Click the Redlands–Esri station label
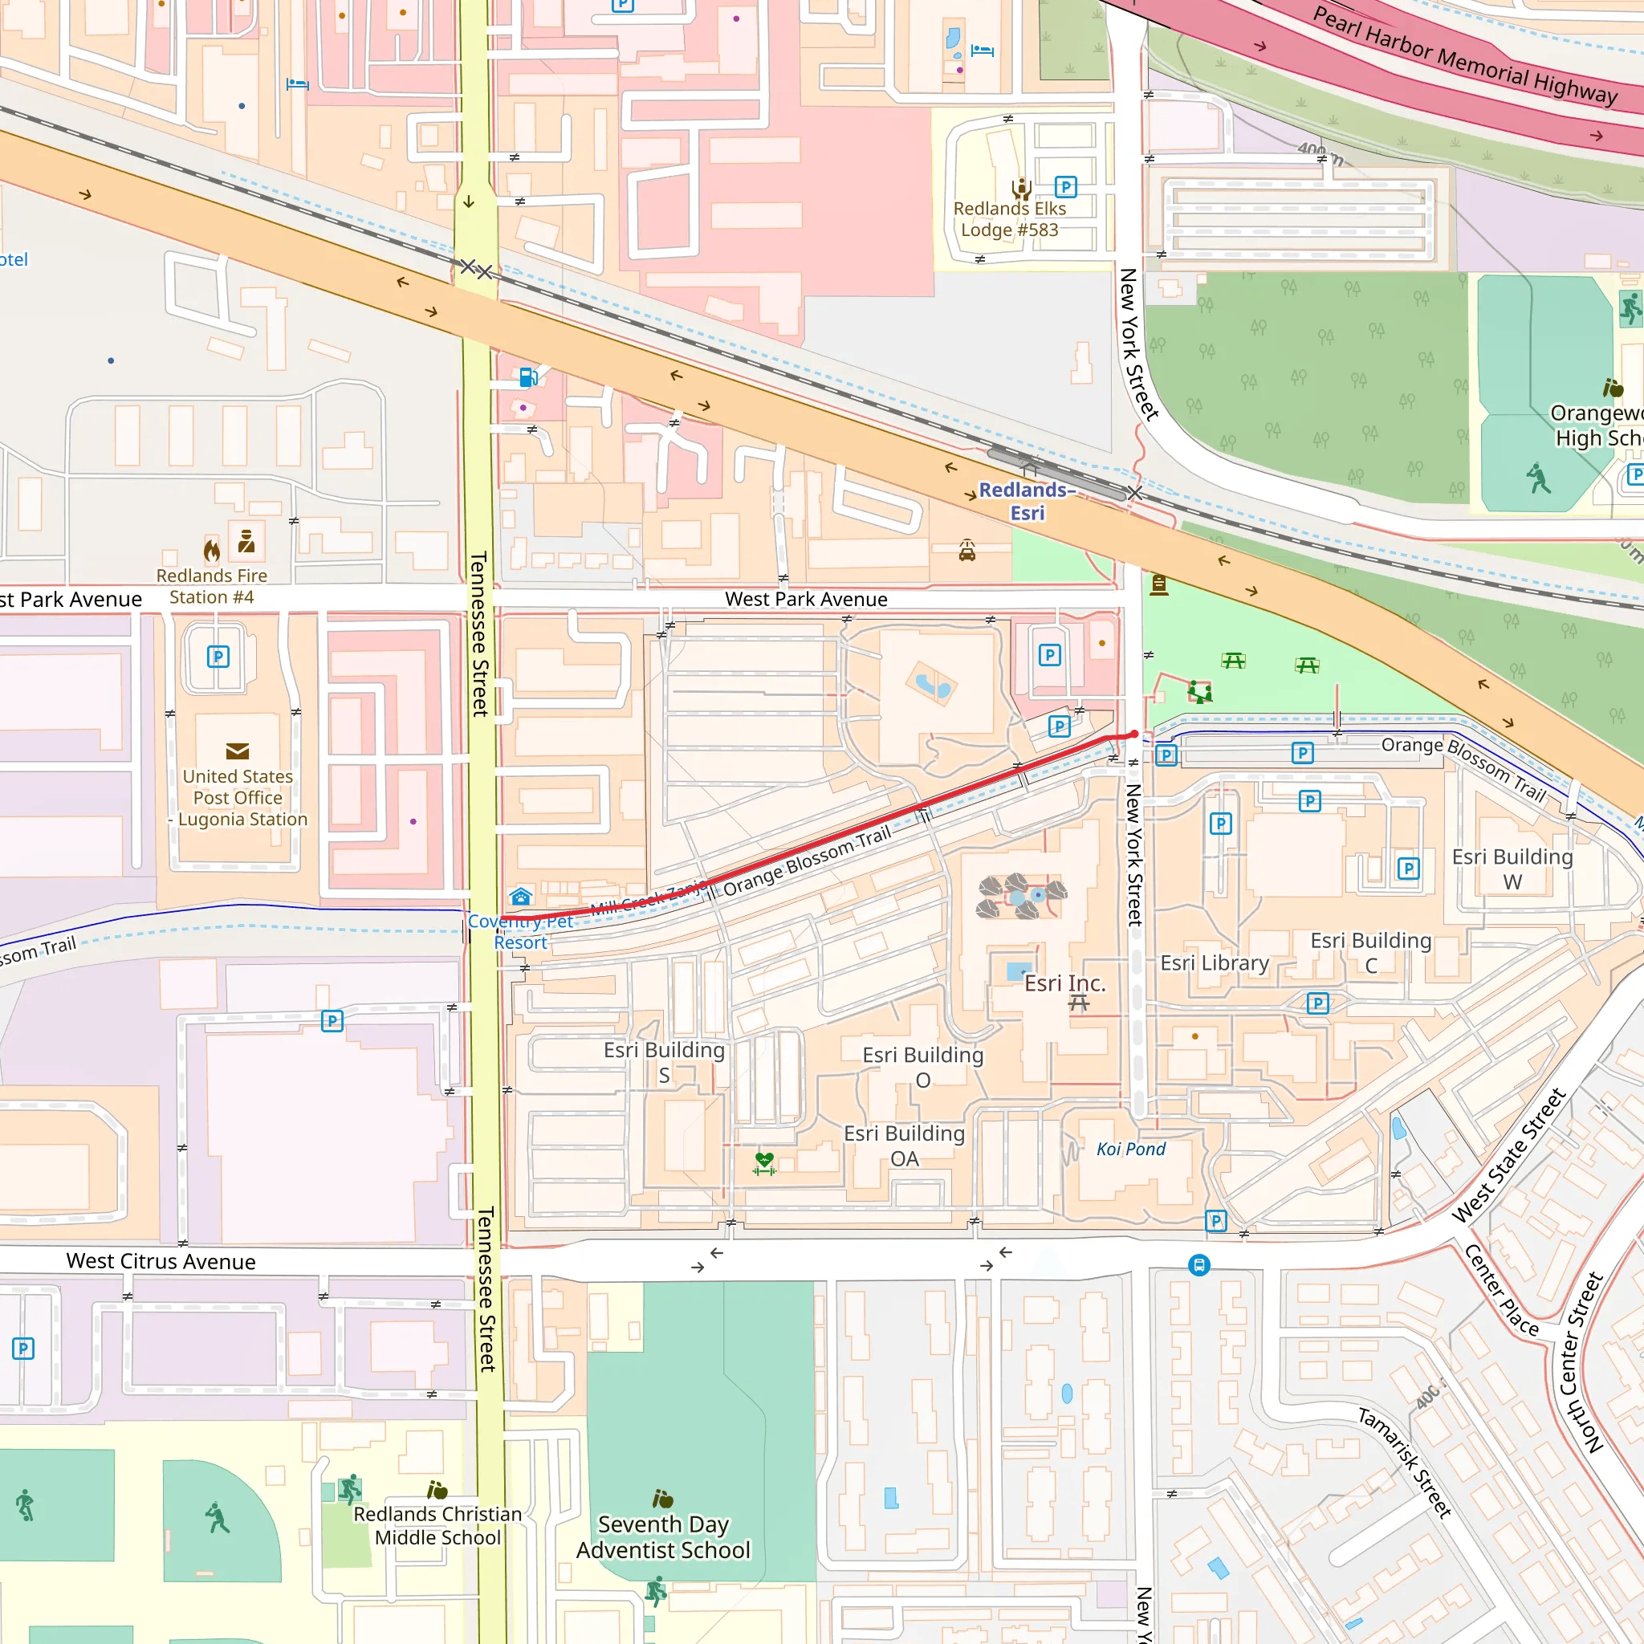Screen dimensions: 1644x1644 click(1027, 501)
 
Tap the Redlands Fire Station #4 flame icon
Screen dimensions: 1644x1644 click(212, 550)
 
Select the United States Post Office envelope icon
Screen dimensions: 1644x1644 click(238, 751)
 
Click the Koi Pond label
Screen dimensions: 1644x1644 click(1130, 1149)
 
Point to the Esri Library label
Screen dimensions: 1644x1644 click(1215, 962)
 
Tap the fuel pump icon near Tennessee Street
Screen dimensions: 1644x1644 click(527, 376)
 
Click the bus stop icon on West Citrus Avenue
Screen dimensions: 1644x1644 click(1199, 1265)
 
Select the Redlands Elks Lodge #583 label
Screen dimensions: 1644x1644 click(1009, 219)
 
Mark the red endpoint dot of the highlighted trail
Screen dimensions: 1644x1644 click(1134, 734)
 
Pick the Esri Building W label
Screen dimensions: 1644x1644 click(1512, 869)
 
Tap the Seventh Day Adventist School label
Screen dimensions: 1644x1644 click(663, 1536)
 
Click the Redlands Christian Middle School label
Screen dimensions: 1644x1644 click(437, 1526)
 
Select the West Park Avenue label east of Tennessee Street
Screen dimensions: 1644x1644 click(806, 599)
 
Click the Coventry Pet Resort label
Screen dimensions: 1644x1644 click(520, 932)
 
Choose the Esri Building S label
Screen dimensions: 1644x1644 click(664, 1062)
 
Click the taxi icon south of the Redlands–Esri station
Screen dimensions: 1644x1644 click(966, 551)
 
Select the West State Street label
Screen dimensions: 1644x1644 click(1508, 1154)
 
